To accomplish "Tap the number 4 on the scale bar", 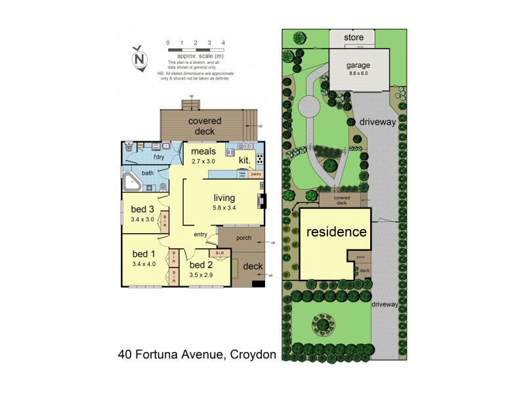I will coord(224,43).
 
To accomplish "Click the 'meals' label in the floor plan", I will coord(204,151).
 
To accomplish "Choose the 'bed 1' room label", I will coord(144,254).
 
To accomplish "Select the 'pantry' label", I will coord(256,175).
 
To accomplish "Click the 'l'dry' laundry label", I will coord(158,158).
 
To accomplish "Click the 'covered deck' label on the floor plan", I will coord(205,125).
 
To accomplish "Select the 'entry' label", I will coord(201,234).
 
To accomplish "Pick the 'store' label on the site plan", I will coord(354,37).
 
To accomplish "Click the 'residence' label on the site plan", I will coord(335,232).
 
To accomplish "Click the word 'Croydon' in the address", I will coord(253,355).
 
